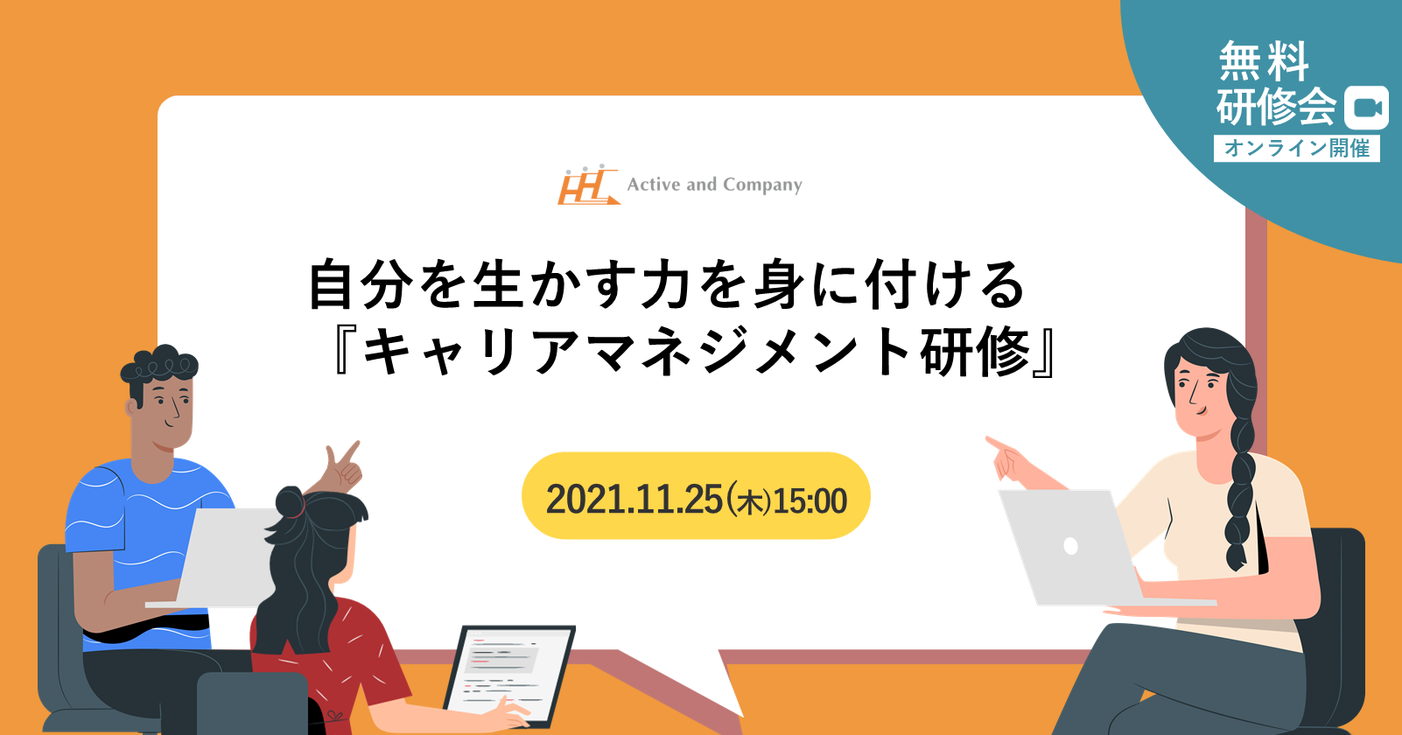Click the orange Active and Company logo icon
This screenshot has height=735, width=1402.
click(x=588, y=185)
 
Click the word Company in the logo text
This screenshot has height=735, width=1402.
click(x=762, y=185)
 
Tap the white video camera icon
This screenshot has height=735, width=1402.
click(x=1366, y=108)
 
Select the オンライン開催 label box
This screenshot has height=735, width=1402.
click(x=1297, y=148)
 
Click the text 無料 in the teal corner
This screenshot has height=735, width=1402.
click(x=1264, y=61)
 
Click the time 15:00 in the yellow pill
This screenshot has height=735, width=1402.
click(x=810, y=500)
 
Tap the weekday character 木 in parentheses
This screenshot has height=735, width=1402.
click(x=748, y=501)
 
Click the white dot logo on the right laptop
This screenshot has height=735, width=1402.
click(x=1070, y=546)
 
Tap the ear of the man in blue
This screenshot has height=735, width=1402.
click(x=131, y=407)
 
